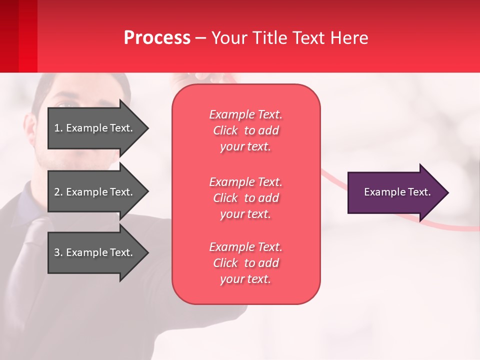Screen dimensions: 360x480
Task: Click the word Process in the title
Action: tap(157, 37)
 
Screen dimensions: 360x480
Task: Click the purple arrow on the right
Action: tap(395, 192)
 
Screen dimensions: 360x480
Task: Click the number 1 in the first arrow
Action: tap(57, 128)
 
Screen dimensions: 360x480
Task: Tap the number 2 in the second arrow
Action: tap(57, 192)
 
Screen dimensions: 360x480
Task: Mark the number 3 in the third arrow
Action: tap(57, 252)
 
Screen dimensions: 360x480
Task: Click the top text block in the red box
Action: tap(245, 130)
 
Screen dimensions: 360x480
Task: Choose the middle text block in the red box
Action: tap(245, 198)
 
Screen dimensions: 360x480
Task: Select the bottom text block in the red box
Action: tap(245, 263)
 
